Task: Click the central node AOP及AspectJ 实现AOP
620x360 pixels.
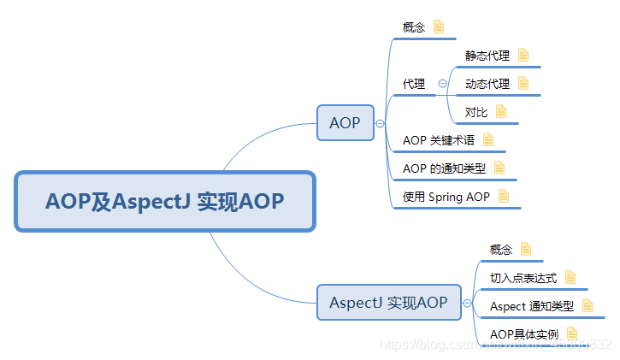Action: click(165, 201)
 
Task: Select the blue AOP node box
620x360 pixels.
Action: click(345, 123)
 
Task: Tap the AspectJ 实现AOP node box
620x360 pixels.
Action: click(388, 303)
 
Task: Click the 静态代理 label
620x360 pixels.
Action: click(487, 56)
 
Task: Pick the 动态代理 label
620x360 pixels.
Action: click(487, 84)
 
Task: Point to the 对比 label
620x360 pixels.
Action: click(476, 111)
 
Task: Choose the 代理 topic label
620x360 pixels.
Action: click(414, 84)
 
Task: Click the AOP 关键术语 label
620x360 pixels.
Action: click(439, 139)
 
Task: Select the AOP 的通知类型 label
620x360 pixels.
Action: click(444, 168)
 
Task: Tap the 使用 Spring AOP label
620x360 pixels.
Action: click(446, 197)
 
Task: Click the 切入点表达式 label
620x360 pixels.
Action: click(523, 278)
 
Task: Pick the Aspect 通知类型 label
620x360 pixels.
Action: click(532, 306)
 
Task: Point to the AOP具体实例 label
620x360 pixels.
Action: click(524, 334)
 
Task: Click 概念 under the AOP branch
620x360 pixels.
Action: click(414, 27)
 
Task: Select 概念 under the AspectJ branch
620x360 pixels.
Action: click(501, 250)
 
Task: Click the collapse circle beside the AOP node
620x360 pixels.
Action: click(380, 123)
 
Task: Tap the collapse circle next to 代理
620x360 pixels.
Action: click(442, 84)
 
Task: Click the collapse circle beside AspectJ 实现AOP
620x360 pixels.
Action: click(467, 303)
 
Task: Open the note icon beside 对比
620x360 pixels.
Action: click(501, 111)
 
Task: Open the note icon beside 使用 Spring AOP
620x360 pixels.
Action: click(504, 197)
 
